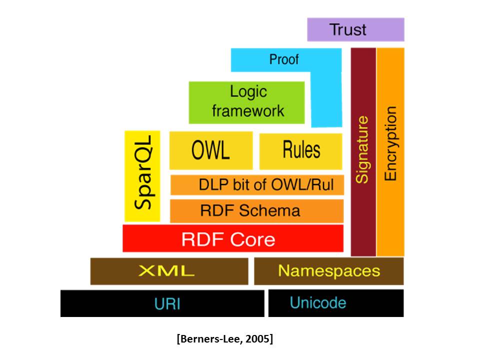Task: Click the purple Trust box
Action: (x=355, y=29)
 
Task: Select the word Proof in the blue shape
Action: (x=283, y=59)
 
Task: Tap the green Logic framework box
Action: (x=246, y=102)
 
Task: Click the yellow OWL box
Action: (x=210, y=150)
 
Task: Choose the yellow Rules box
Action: (x=301, y=150)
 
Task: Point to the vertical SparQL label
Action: (x=142, y=176)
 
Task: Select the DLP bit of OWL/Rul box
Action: (x=257, y=184)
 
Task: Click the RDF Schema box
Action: (x=257, y=210)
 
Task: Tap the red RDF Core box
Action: (x=233, y=238)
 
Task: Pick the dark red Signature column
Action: (x=363, y=150)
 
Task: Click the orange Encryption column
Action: (x=390, y=150)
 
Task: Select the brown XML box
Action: (x=169, y=271)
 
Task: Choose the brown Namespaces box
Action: (x=328, y=271)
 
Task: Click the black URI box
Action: (x=162, y=303)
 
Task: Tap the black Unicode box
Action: (x=335, y=303)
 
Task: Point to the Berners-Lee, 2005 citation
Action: (x=224, y=339)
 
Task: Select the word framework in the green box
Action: (x=248, y=110)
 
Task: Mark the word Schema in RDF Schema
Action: (x=276, y=210)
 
